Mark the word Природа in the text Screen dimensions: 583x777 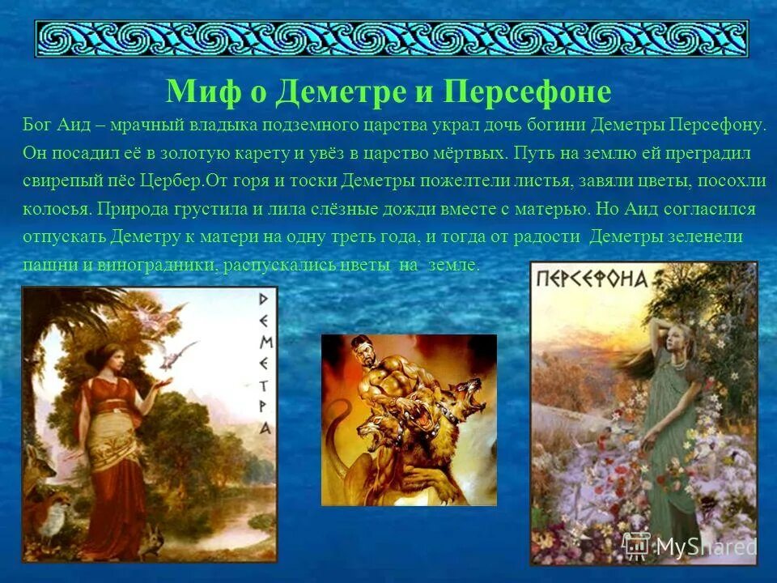click(x=132, y=208)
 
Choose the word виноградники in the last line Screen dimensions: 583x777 click(x=151, y=264)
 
